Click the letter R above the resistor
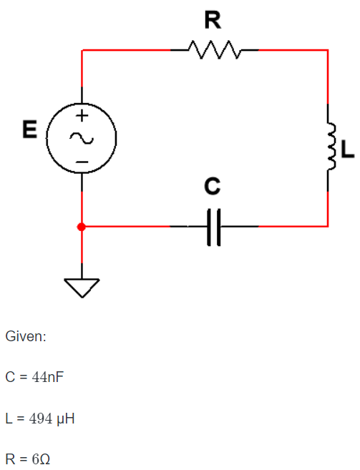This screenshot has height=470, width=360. (x=213, y=21)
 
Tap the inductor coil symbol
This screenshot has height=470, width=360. (x=330, y=147)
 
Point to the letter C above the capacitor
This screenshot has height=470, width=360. (x=212, y=187)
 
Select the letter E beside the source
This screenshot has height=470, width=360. (x=29, y=130)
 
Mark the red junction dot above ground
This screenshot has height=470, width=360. (x=82, y=227)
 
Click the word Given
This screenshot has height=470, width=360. (x=25, y=336)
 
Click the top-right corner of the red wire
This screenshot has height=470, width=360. (x=328, y=50)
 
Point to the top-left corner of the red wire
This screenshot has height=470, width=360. (x=82, y=50)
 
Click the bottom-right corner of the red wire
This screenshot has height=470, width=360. (x=328, y=226)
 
